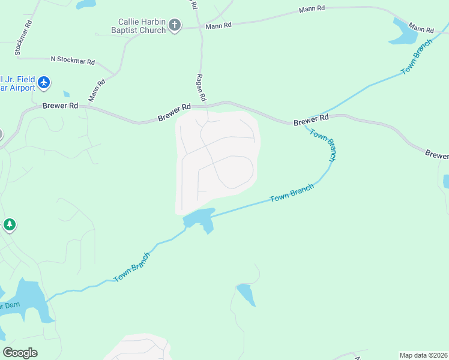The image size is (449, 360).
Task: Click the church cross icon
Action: click(x=174, y=25)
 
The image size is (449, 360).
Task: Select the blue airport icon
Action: click(x=43, y=83)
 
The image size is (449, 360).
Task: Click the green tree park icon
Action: click(x=9, y=225)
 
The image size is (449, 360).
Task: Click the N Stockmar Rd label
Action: click(x=73, y=61)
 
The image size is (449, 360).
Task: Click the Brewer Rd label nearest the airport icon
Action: click(x=61, y=106)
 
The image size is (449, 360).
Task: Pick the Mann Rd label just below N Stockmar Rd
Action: click(x=97, y=90)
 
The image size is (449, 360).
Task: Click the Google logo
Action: click(x=20, y=353)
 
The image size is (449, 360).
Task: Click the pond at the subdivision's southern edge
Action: click(x=199, y=219)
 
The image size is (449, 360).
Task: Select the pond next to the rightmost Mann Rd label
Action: click(x=403, y=32)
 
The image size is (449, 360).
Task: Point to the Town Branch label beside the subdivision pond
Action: click(x=292, y=193)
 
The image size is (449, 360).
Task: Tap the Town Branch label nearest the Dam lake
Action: click(x=131, y=267)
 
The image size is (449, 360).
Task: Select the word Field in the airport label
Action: click(x=26, y=78)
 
